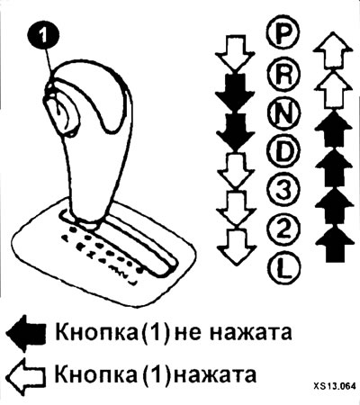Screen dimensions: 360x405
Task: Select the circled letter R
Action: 283,74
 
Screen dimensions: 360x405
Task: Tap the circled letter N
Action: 283,113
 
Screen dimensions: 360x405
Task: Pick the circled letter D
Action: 283,152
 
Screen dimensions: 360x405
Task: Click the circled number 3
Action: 283,190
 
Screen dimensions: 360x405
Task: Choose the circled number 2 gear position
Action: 283,229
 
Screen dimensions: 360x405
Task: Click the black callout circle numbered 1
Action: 44,35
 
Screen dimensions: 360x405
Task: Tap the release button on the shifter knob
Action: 61,112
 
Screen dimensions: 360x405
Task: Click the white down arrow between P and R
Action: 236,53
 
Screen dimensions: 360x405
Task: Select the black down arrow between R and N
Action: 236,92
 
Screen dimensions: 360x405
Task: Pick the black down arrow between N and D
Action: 236,131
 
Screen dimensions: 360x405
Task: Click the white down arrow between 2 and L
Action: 237,247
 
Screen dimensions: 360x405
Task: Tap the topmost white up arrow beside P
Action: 332,50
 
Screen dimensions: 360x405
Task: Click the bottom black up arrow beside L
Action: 335,244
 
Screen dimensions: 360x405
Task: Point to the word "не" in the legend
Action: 187,334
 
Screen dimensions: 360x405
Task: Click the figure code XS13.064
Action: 335,386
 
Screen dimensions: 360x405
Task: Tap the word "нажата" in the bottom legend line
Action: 215,374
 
